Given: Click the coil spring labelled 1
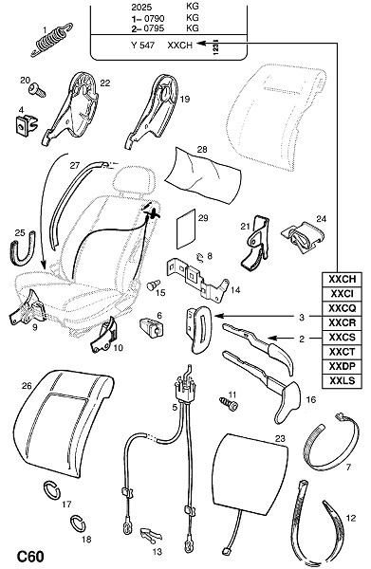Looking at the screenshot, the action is click(x=52, y=40).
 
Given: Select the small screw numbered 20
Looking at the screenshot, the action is click(x=37, y=89).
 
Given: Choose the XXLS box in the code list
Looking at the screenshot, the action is click(x=342, y=381).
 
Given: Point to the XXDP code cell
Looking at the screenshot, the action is click(x=342, y=366).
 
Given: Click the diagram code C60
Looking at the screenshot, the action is click(x=31, y=557).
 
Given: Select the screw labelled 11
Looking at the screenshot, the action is click(x=229, y=404).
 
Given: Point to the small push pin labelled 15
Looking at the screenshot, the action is click(x=153, y=284).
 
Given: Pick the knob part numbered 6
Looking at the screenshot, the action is click(x=152, y=326).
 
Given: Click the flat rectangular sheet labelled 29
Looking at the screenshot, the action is click(x=186, y=229).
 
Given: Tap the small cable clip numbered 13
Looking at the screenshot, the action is click(x=151, y=535).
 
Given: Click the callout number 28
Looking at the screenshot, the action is click(x=202, y=149).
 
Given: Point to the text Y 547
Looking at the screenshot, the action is click(x=142, y=46).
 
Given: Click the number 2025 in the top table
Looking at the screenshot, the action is click(x=141, y=8).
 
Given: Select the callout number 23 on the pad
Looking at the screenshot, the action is click(x=280, y=439).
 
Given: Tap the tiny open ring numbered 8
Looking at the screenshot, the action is click(x=199, y=257).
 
